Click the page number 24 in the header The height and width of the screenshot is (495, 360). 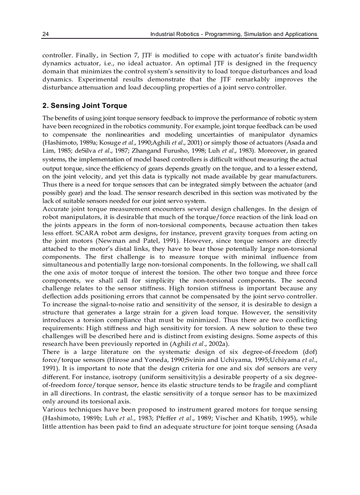tap(45, 34)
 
